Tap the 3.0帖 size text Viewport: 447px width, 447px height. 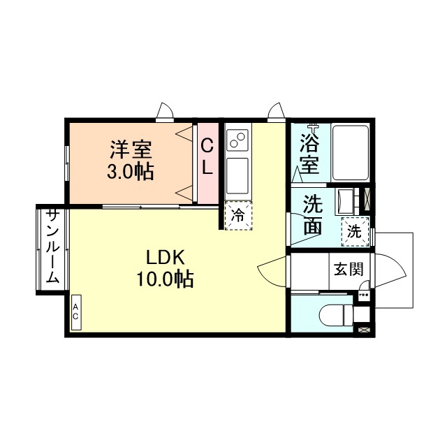131,171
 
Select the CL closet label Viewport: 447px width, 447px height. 207,156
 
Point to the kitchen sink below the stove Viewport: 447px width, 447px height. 237,175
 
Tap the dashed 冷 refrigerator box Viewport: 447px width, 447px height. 238,215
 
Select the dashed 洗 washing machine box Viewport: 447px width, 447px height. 355,231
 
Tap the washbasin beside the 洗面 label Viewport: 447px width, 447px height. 346,203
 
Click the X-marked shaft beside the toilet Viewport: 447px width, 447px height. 363,328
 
